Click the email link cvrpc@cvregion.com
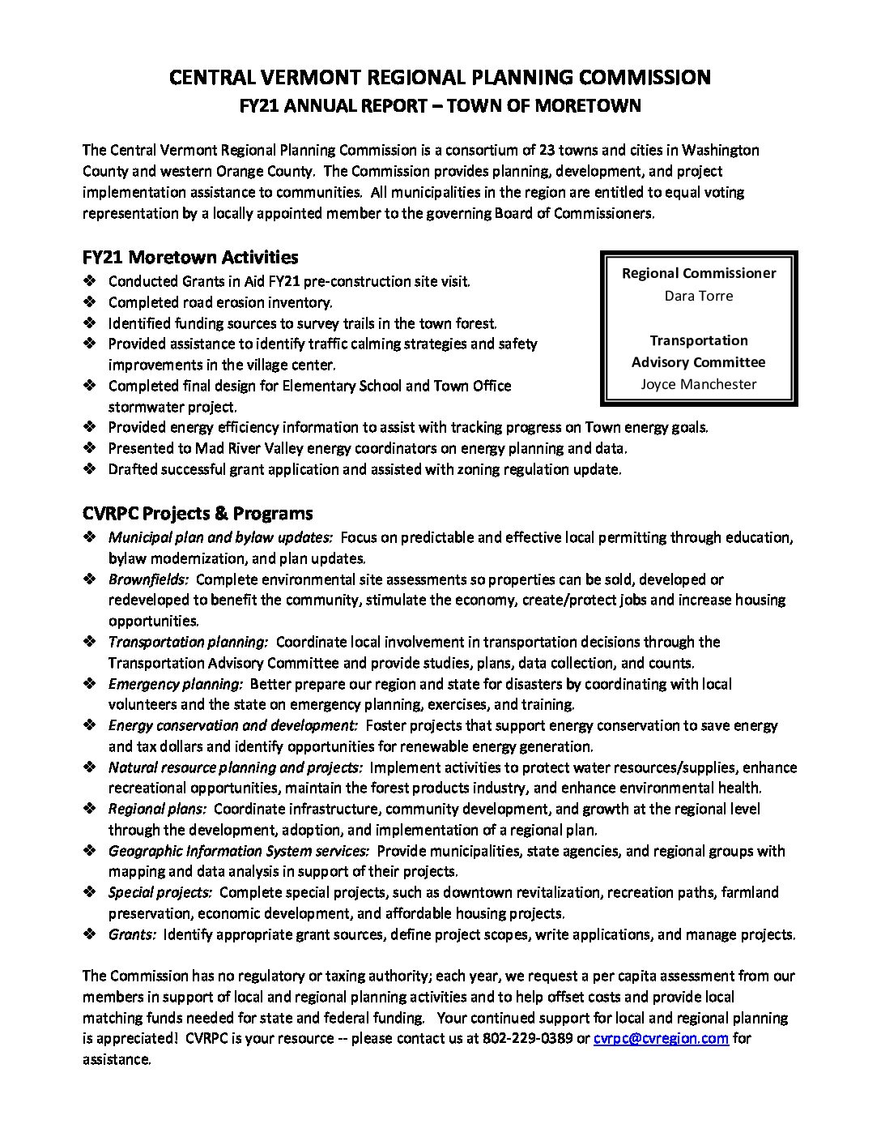click(661, 1038)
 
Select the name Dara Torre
click(698, 296)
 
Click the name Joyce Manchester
click(698, 384)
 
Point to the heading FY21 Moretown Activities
click(190, 257)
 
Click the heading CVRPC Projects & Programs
click(198, 513)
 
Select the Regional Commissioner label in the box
click(698, 273)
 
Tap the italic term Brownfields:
click(149, 579)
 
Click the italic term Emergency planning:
click(176, 684)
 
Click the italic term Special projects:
click(160, 892)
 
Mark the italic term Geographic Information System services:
click(239, 851)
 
